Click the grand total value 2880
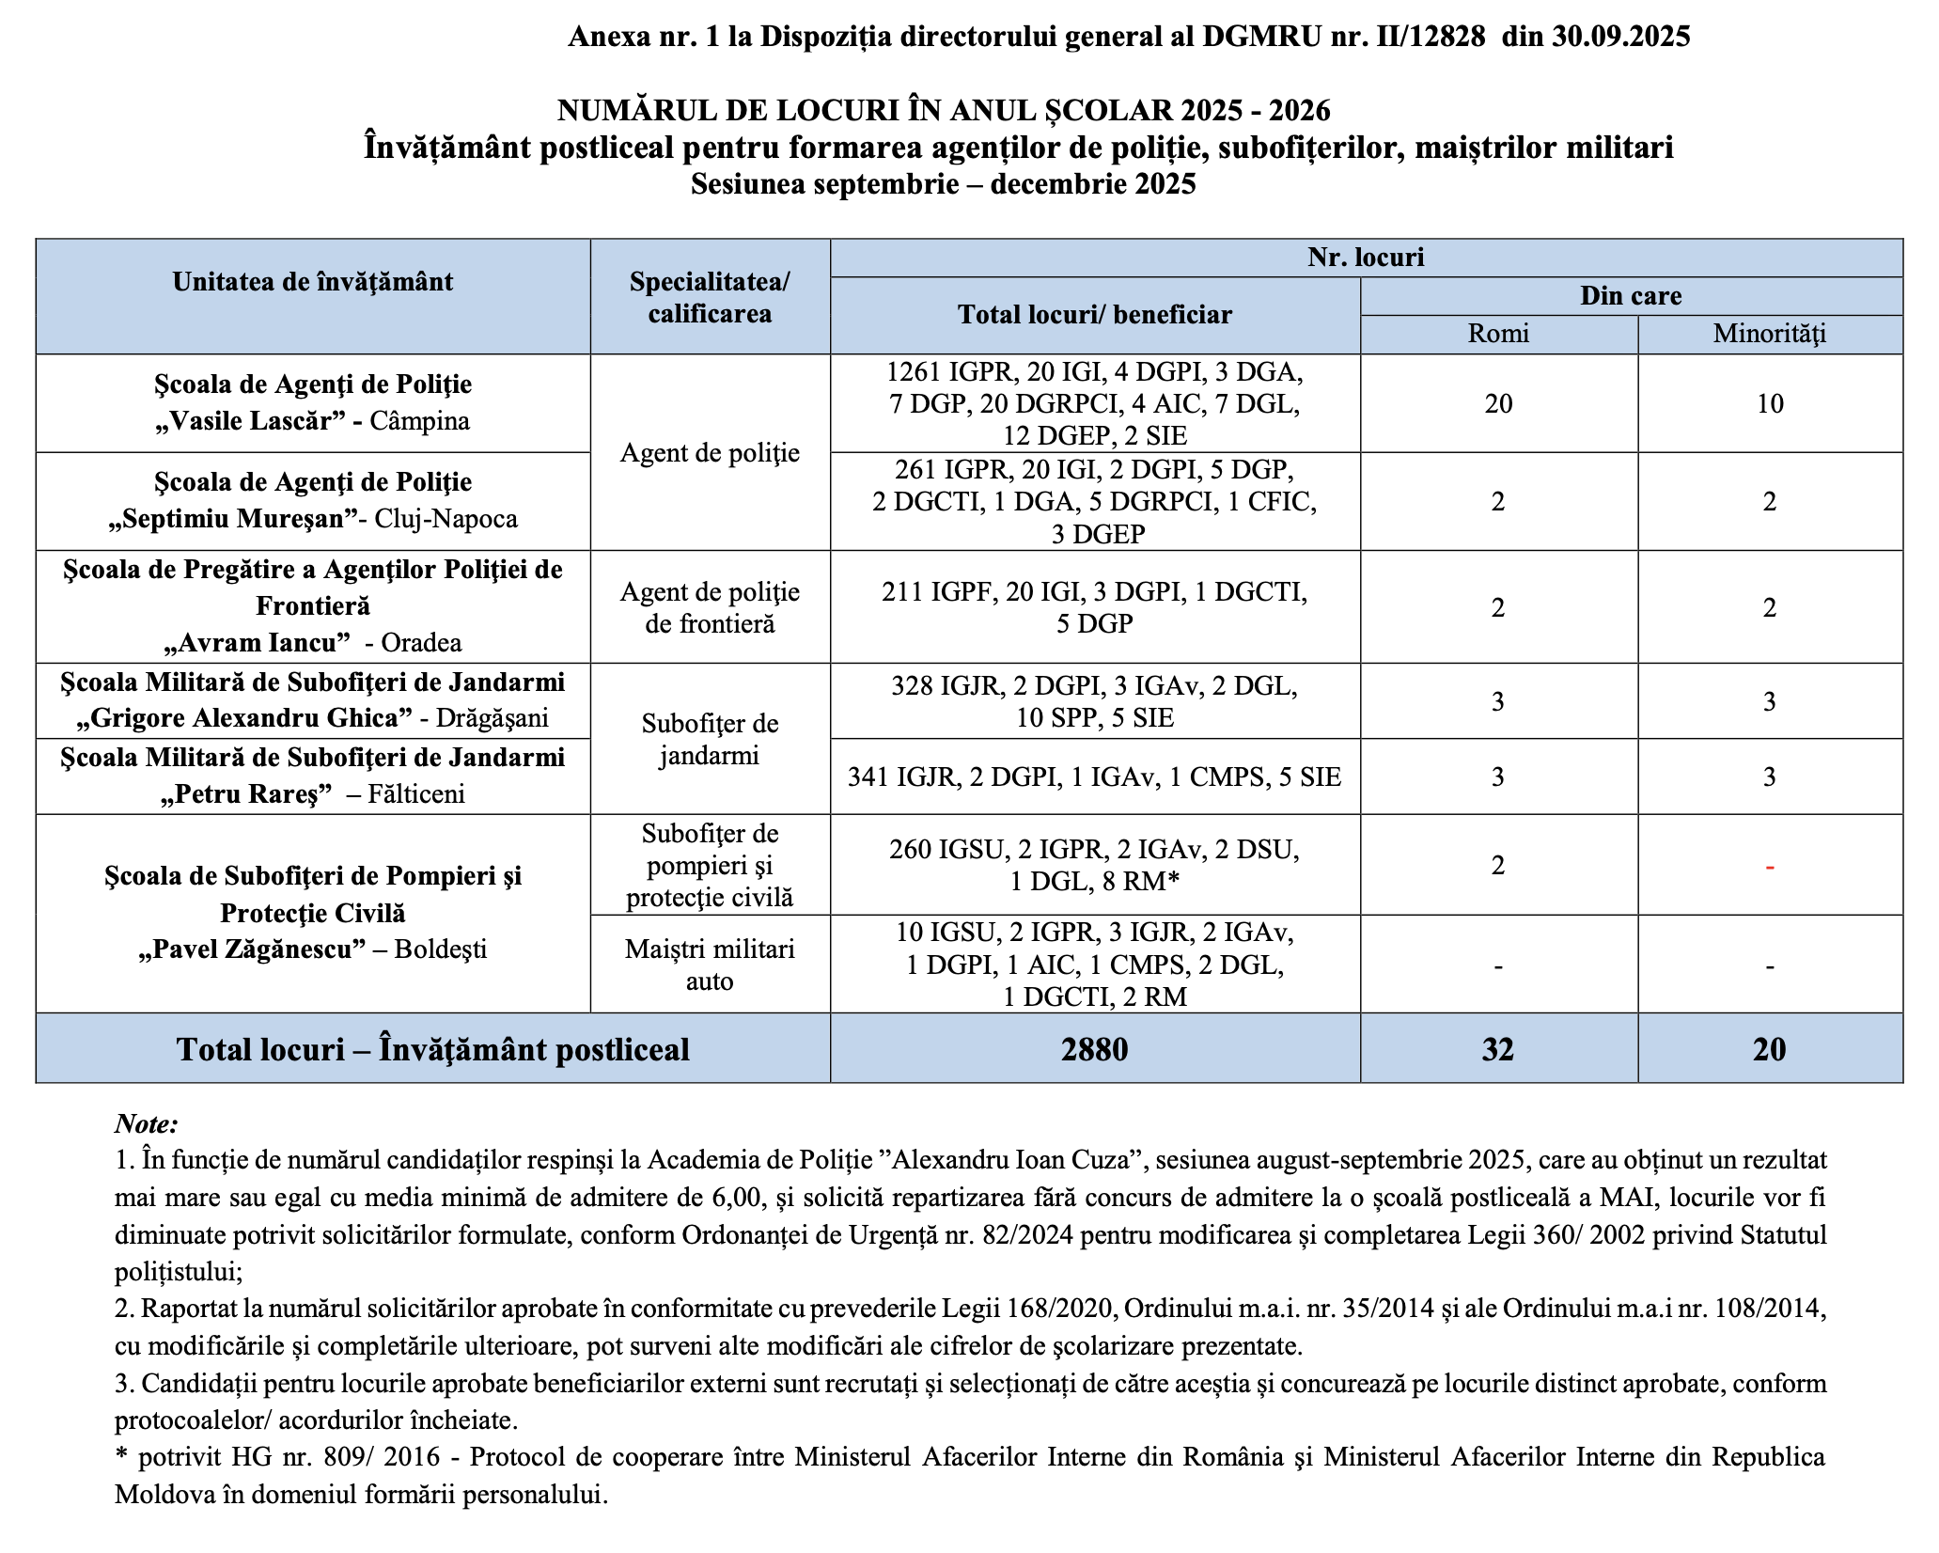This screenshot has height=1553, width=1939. [1094, 1049]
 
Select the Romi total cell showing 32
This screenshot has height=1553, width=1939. [1497, 1049]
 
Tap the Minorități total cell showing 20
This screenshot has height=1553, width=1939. [1769, 1049]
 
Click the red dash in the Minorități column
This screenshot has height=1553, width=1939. [1770, 866]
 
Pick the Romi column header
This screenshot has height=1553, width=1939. [1498, 334]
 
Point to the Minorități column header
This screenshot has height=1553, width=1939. [1769, 334]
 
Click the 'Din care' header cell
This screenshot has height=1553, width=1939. [1631, 296]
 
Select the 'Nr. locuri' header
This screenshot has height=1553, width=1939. [1366, 258]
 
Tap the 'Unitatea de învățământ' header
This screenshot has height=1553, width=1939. [313, 282]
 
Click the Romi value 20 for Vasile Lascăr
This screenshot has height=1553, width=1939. [1498, 404]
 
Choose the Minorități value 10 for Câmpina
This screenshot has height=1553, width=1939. [1770, 404]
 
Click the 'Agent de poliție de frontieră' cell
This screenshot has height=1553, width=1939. [710, 607]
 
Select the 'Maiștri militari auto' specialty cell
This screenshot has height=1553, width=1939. [710, 965]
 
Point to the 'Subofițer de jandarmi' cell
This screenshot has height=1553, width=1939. [710, 739]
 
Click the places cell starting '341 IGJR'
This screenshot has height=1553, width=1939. [1094, 776]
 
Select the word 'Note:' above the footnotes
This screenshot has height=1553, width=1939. [147, 1124]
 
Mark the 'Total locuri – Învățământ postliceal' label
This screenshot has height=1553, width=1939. [432, 1049]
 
